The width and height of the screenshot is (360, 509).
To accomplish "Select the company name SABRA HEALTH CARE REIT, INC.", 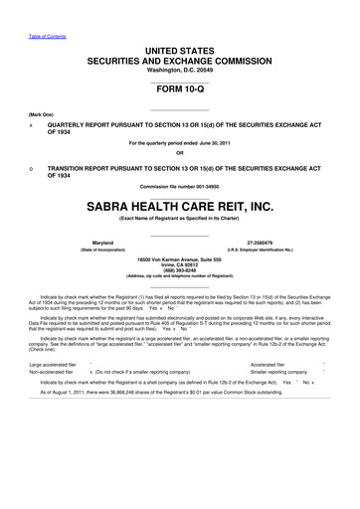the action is coord(180,206).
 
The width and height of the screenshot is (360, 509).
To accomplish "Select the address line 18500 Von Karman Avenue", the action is coord(180,256).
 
